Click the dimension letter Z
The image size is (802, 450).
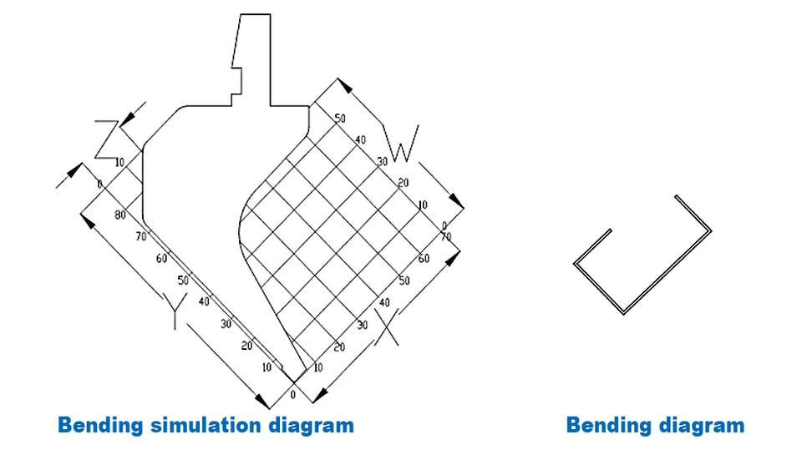point(107,139)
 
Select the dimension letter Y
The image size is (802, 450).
point(175,311)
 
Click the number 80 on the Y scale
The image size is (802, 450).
point(120,215)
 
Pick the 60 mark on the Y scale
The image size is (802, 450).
point(161,259)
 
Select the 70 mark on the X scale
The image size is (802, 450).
point(446,237)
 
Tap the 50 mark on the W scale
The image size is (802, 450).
point(340,118)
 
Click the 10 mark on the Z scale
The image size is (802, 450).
point(119,163)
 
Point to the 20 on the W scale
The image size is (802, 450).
point(403,183)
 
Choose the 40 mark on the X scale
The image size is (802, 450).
point(384,303)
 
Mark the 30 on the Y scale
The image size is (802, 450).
point(226,324)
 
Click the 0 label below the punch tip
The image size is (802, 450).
point(293,395)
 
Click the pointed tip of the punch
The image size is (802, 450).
point(294,382)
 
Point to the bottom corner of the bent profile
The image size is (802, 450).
point(624,313)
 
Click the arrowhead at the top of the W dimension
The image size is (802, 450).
point(345,85)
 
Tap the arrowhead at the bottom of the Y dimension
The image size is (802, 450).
point(262,402)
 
